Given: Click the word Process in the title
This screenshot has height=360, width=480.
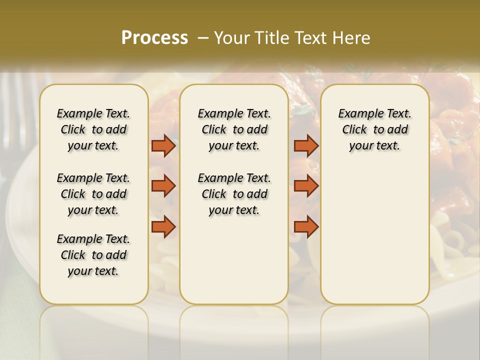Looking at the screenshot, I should [x=154, y=38].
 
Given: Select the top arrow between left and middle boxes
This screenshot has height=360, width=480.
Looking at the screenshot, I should [x=163, y=146].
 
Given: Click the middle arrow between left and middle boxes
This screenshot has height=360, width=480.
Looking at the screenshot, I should [x=163, y=186].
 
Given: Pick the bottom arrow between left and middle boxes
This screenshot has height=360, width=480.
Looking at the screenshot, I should [x=163, y=227].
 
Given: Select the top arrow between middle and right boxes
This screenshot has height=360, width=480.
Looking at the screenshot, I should [x=306, y=146].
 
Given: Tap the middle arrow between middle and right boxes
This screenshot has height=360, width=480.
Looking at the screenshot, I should [x=306, y=186].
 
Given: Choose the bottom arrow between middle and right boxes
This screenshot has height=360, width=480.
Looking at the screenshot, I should [x=306, y=227].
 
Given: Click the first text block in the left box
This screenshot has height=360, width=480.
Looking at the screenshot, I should [x=93, y=129].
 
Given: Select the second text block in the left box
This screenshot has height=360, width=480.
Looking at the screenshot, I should [x=93, y=194].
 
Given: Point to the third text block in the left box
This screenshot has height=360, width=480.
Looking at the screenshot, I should [x=93, y=255].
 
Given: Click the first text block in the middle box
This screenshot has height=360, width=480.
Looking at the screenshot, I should [x=234, y=129].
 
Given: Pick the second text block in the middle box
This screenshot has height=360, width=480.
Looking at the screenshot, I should [x=234, y=194].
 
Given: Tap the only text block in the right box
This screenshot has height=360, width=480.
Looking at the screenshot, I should [x=374, y=129].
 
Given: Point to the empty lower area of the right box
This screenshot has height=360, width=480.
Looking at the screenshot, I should [x=374, y=235].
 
